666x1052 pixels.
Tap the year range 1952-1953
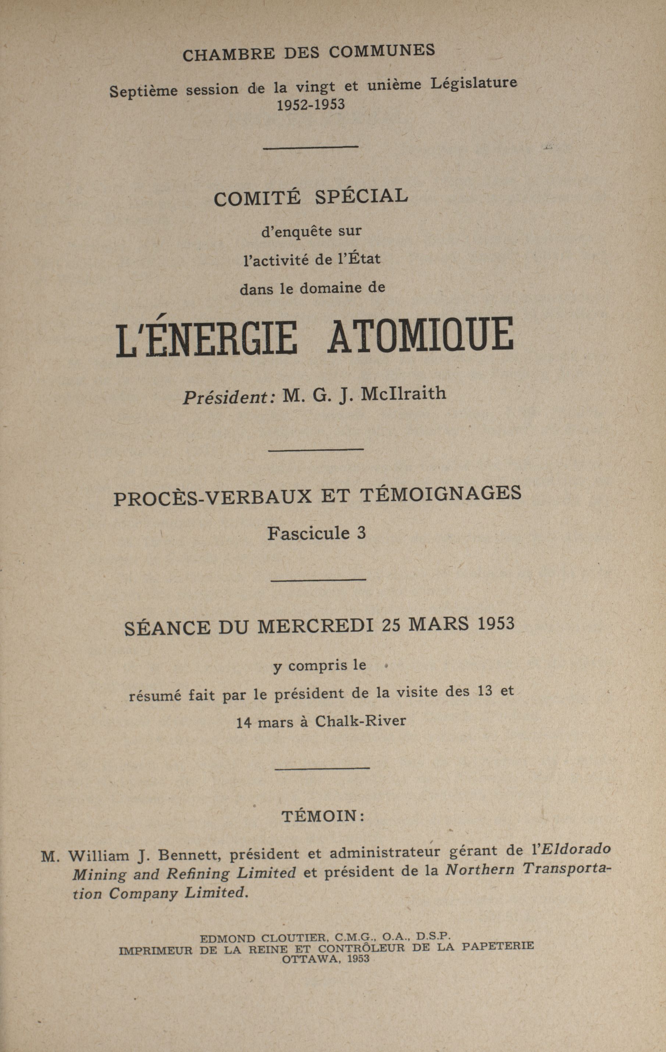tap(311, 105)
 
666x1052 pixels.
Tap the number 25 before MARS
tap(391, 625)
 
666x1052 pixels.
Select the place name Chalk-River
tap(360, 720)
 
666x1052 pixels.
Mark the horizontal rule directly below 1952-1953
tap(311, 147)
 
